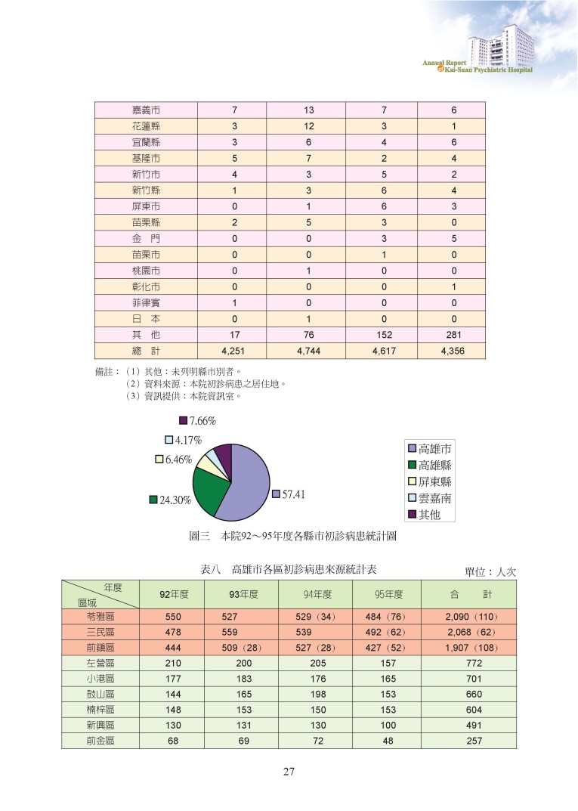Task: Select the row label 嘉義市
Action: [145, 110]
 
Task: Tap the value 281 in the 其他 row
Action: [454, 335]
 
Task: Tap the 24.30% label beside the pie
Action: [174, 500]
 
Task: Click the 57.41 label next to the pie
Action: [292, 494]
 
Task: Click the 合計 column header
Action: [468, 594]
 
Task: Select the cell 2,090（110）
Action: [468, 617]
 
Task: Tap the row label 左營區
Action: [100, 663]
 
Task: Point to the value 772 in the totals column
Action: [468, 663]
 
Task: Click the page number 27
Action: [289, 772]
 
